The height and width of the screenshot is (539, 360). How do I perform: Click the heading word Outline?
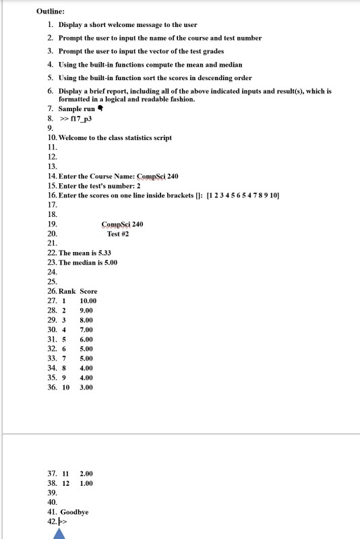[x=51, y=11]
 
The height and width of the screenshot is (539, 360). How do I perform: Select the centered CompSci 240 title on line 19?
[x=122, y=224]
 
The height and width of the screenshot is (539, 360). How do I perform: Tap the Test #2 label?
[x=118, y=234]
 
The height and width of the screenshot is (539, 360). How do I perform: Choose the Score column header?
[x=88, y=291]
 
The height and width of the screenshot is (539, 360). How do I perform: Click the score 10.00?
[x=88, y=300]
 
